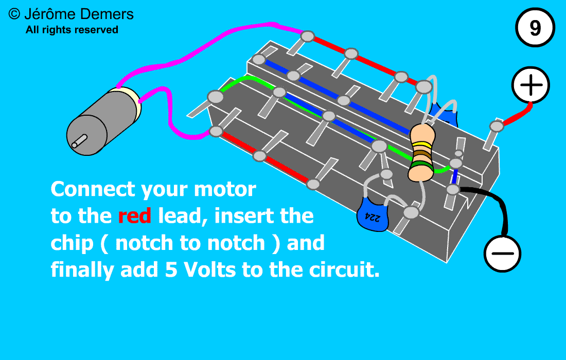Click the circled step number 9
click(535, 29)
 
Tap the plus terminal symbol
click(530, 85)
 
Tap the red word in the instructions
click(134, 216)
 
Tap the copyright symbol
click(15, 14)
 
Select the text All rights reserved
click(72, 30)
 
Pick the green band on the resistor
click(421, 166)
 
